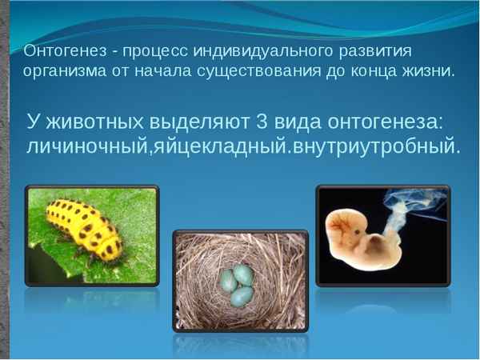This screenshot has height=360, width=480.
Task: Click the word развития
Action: pos(374,53)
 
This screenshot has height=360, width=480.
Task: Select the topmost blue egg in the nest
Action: pos(242,274)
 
